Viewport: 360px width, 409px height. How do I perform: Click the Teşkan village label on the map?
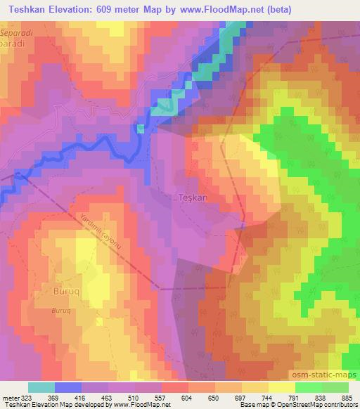(193, 198)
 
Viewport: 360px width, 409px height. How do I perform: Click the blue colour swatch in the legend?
(68, 388)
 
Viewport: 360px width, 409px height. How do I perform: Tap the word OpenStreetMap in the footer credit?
(285, 405)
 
